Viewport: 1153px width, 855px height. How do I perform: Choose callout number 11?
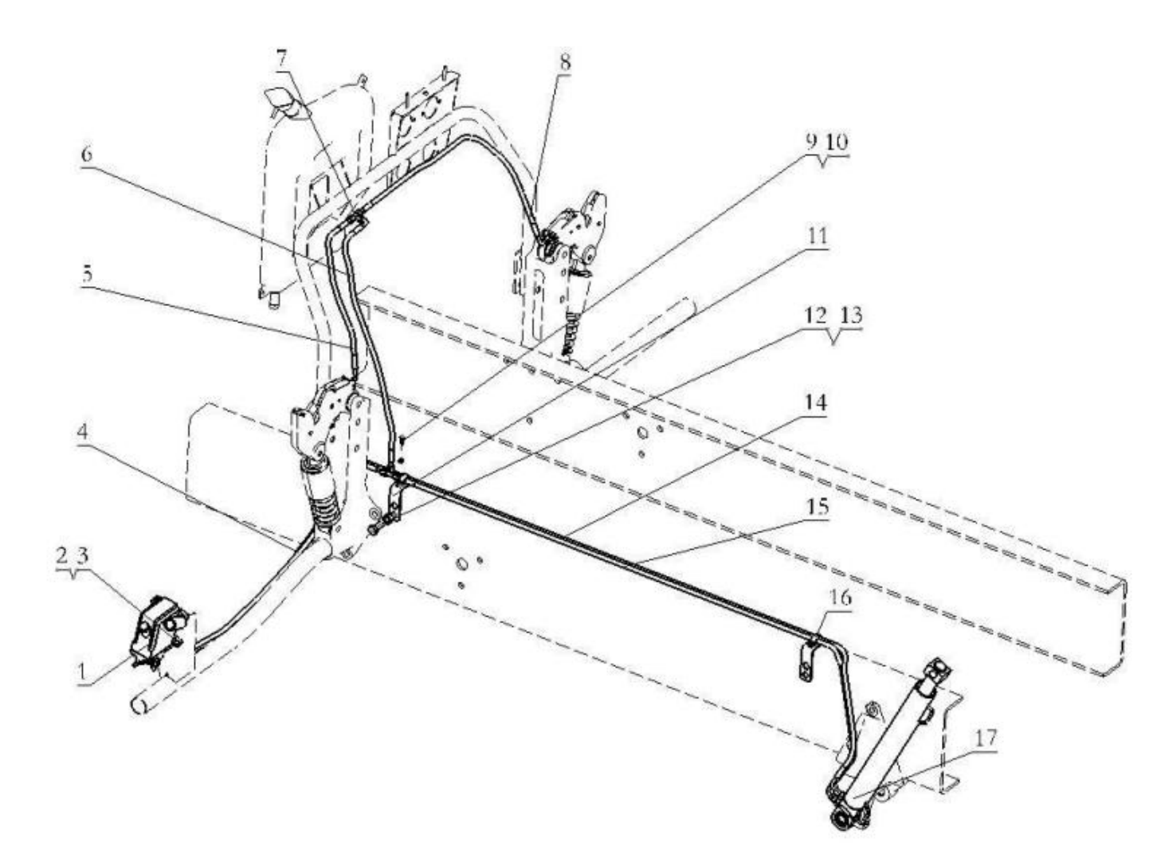pos(817,237)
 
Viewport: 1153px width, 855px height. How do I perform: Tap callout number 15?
pos(817,508)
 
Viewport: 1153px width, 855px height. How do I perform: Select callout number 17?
pos(985,738)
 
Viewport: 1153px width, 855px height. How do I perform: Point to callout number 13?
pos(851,316)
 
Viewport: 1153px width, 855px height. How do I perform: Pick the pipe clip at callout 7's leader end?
pos(356,220)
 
